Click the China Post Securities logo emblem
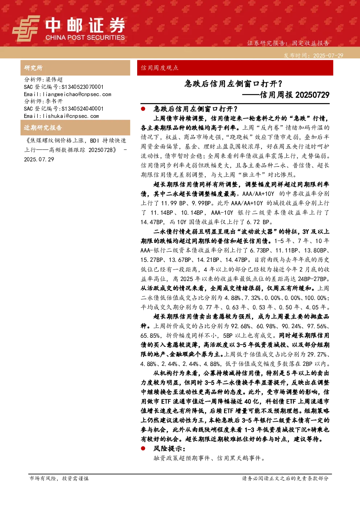pyautogui.click(x=26, y=28)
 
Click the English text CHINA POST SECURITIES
pyautogui.click(x=85, y=37)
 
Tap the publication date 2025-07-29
pyautogui.click(x=328, y=56)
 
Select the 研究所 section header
pyautogui.click(x=33, y=68)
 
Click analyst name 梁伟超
pyautogui.click(x=54, y=79)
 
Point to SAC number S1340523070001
pyautogui.click(x=82, y=87)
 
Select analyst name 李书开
pyautogui.click(x=54, y=101)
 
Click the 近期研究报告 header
pyautogui.click(x=43, y=128)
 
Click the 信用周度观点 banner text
pyautogui.click(x=160, y=68)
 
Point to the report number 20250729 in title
pyautogui.click(x=312, y=95)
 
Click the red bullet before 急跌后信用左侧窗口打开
pyautogui.click(x=143, y=109)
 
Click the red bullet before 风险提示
pyautogui.click(x=143, y=448)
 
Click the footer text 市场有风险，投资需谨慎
pyautogui.click(x=59, y=478)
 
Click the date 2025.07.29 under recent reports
pyautogui.click(x=39, y=159)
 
